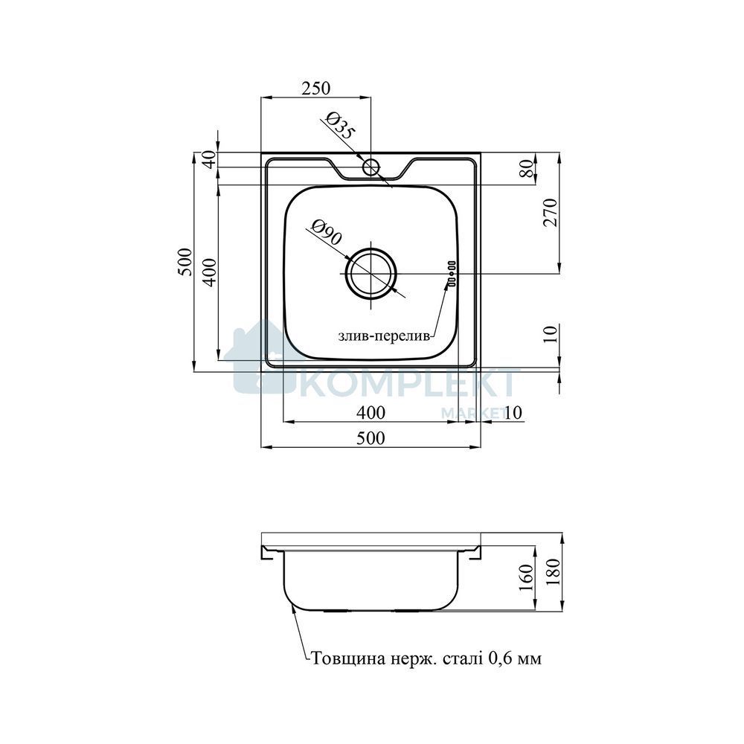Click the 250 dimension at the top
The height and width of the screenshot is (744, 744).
click(x=316, y=88)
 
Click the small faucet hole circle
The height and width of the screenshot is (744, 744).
click(x=371, y=167)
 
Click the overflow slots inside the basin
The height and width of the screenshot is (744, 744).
click(x=451, y=274)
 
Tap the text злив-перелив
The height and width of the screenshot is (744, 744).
click(x=384, y=336)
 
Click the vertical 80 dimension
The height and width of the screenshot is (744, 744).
click(x=527, y=168)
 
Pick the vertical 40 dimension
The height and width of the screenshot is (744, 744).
click(x=211, y=159)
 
